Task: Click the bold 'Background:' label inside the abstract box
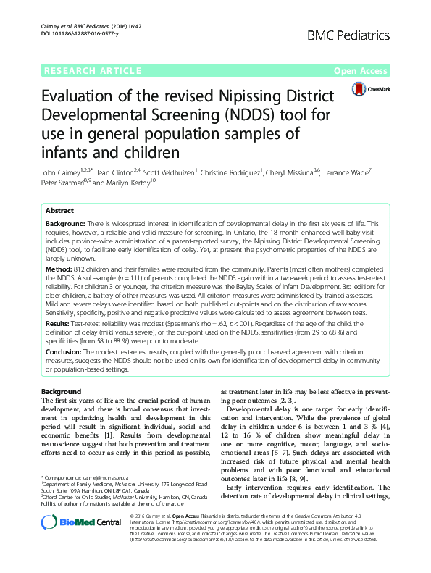(x=69, y=224)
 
